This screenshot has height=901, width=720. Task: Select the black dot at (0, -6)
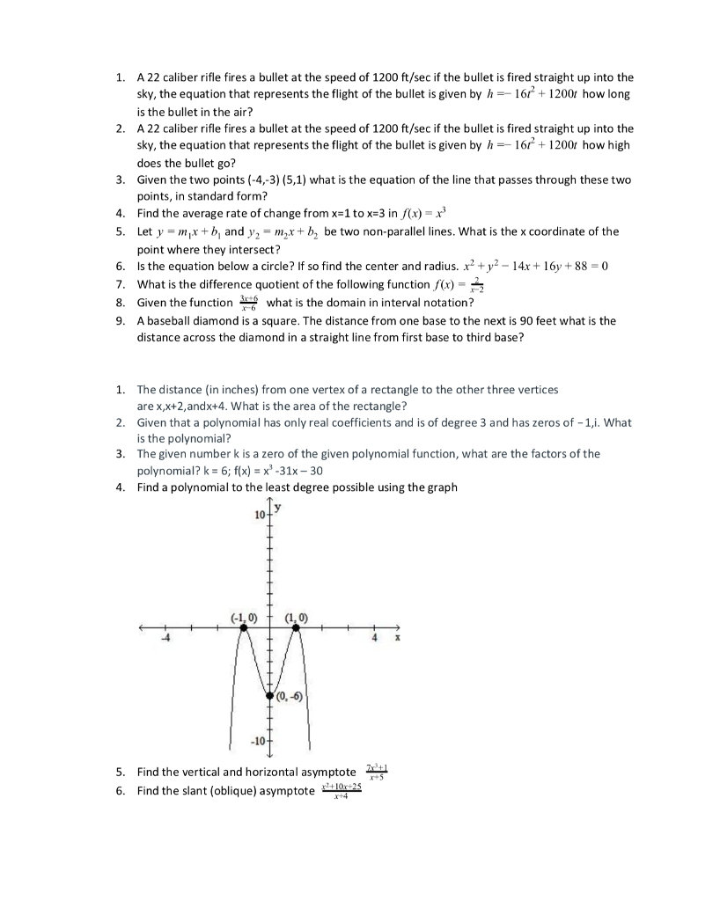pyautogui.click(x=270, y=695)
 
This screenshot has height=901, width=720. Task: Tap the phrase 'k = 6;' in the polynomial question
pyautogui.click(x=212, y=471)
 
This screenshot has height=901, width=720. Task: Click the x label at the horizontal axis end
pyautogui.click(x=396, y=638)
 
